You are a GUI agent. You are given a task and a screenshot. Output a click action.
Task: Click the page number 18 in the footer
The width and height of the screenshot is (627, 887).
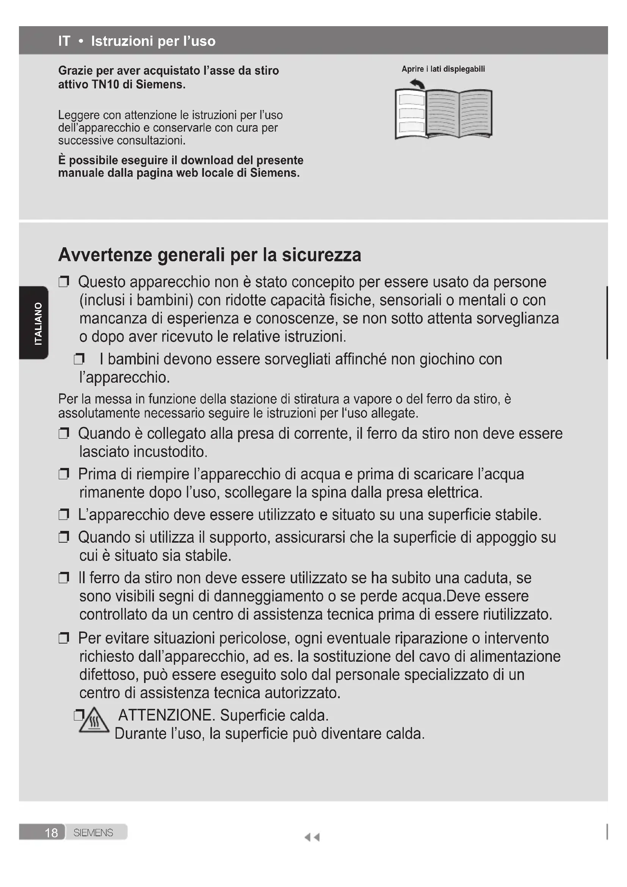(x=51, y=832)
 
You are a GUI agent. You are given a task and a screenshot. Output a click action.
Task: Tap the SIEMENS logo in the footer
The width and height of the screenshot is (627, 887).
(x=93, y=832)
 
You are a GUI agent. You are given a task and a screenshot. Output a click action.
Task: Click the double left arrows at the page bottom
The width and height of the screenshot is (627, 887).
(x=312, y=837)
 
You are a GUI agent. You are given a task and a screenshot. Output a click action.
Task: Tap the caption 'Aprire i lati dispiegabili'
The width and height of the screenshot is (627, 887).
(x=443, y=69)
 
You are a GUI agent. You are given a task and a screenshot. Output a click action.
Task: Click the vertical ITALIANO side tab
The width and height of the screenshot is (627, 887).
(x=38, y=323)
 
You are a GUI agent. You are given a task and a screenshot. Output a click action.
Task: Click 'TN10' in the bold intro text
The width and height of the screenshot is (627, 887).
(x=105, y=84)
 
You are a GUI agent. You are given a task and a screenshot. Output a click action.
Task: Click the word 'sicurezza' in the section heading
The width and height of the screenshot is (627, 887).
(x=321, y=255)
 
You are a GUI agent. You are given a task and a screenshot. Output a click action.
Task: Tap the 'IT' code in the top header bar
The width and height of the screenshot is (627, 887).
(x=64, y=41)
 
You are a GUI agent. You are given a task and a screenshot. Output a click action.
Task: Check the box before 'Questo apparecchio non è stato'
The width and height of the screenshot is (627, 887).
(x=64, y=282)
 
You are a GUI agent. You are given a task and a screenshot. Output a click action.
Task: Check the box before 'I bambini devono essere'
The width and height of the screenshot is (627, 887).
(x=79, y=360)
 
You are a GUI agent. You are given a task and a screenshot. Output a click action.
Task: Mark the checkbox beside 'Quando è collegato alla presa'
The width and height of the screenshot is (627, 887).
(x=64, y=434)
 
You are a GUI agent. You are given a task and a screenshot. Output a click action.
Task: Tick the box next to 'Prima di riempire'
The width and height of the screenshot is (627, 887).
(x=64, y=474)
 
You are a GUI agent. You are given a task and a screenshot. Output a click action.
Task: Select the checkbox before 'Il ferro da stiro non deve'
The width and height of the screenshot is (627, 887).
(x=64, y=578)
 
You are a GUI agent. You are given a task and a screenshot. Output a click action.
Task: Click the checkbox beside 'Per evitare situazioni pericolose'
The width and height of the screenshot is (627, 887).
(x=64, y=638)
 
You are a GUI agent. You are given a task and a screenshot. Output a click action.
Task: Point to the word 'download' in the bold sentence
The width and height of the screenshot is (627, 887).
(x=207, y=160)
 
